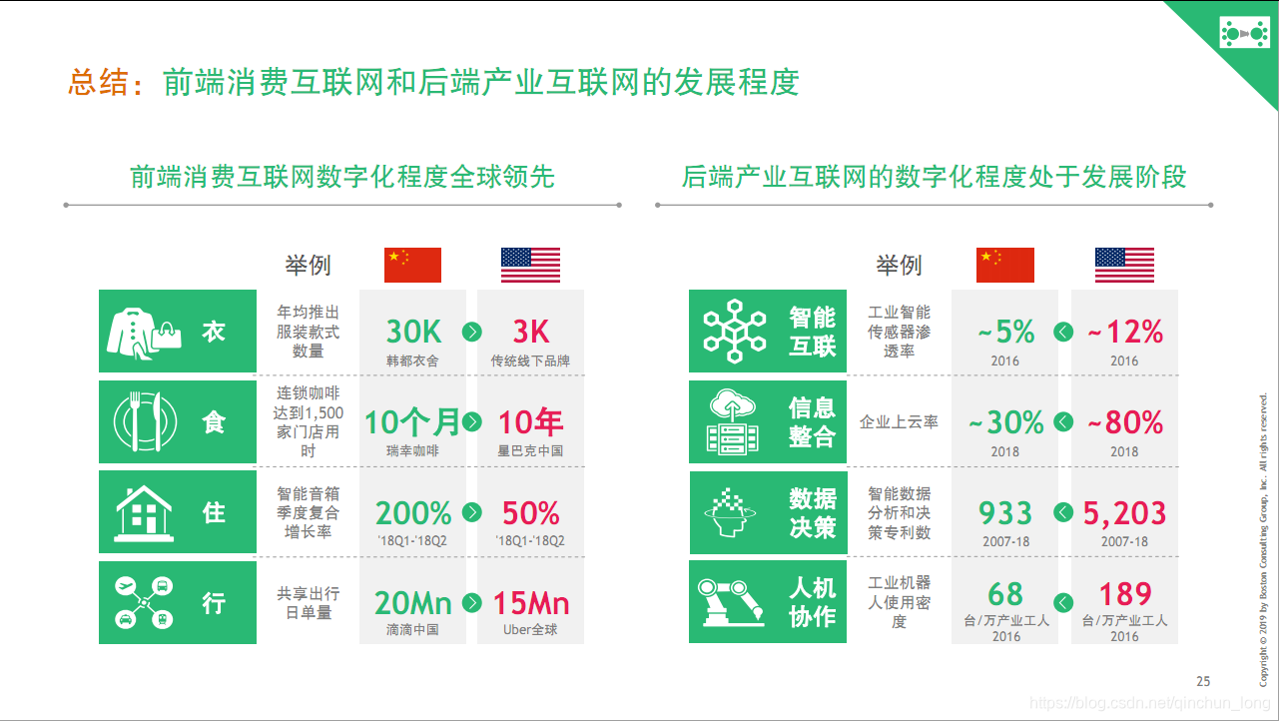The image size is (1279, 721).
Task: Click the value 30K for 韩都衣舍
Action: [412, 332]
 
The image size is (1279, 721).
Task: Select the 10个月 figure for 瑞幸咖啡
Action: [411, 422]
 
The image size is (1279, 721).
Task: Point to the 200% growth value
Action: [412, 513]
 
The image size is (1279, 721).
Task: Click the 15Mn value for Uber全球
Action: [530, 603]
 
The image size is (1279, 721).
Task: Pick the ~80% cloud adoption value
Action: [1124, 423]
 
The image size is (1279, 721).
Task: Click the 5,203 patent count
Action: [1124, 513]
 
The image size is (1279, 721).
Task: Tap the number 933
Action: [1004, 513]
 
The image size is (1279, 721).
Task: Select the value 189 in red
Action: [1124, 594]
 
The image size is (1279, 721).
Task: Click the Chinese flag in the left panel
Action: [412, 265]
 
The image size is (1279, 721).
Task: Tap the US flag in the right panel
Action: [1124, 265]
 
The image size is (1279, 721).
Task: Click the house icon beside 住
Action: [144, 511]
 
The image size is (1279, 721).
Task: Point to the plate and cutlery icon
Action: [144, 421]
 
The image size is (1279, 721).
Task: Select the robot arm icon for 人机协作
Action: [734, 602]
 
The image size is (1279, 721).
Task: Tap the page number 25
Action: [1203, 681]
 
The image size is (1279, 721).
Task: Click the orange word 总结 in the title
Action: [99, 82]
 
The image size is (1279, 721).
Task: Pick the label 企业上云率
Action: [899, 422]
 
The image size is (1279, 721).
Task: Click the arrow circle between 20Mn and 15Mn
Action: [472, 603]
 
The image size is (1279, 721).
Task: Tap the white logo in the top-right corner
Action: [1244, 34]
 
